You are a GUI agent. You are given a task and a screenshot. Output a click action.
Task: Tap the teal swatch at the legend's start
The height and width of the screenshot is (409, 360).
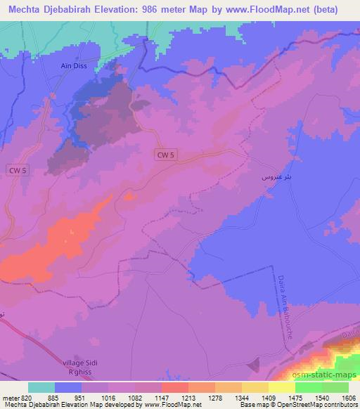pos(41,387)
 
